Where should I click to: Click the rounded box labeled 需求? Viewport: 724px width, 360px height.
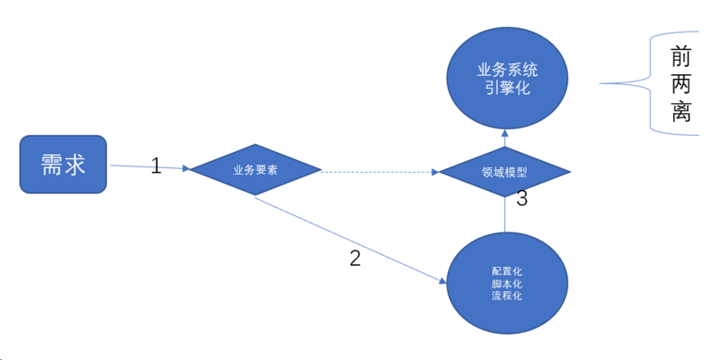pyautogui.click(x=63, y=164)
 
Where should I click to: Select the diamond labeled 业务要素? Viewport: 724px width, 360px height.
pyautogui.click(x=255, y=169)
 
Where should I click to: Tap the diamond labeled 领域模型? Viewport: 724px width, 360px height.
pyautogui.click(x=503, y=170)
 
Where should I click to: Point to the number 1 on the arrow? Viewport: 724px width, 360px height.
pyautogui.click(x=156, y=166)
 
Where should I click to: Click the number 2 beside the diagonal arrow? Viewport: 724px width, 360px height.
pyautogui.click(x=355, y=258)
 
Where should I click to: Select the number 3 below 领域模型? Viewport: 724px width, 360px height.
pyautogui.click(x=521, y=199)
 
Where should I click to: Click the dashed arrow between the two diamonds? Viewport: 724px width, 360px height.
pyautogui.click(x=380, y=170)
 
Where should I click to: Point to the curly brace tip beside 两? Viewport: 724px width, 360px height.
pyautogui.click(x=605, y=84)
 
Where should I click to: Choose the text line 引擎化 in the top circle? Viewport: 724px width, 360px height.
pyautogui.click(x=507, y=89)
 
